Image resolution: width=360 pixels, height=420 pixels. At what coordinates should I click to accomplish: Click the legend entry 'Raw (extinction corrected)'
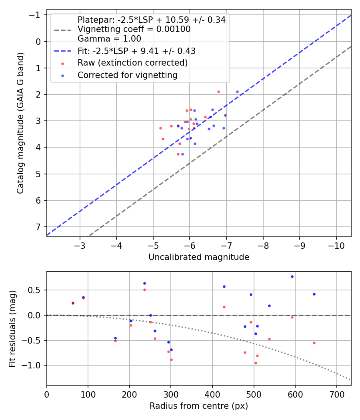point(132,63)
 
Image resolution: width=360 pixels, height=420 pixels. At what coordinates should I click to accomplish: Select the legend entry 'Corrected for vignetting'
point(127,75)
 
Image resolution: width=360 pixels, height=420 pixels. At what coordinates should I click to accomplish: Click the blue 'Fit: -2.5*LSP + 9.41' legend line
point(62,51)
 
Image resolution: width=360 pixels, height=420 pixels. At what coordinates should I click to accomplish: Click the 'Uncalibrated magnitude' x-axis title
point(199,257)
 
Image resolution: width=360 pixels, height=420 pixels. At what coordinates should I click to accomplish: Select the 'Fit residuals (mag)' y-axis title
point(12,328)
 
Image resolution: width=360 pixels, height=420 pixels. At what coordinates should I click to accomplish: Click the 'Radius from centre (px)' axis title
point(199,406)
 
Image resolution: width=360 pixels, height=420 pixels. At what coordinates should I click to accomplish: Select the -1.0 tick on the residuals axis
point(34,365)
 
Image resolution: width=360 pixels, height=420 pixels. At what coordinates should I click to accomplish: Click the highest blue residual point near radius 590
point(292,276)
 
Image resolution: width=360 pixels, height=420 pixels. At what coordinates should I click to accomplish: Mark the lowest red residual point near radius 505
point(256,363)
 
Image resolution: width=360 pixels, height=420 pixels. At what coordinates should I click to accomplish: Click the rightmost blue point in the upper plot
point(237,92)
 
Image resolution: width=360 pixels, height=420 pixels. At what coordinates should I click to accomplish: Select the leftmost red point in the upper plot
point(160,128)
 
